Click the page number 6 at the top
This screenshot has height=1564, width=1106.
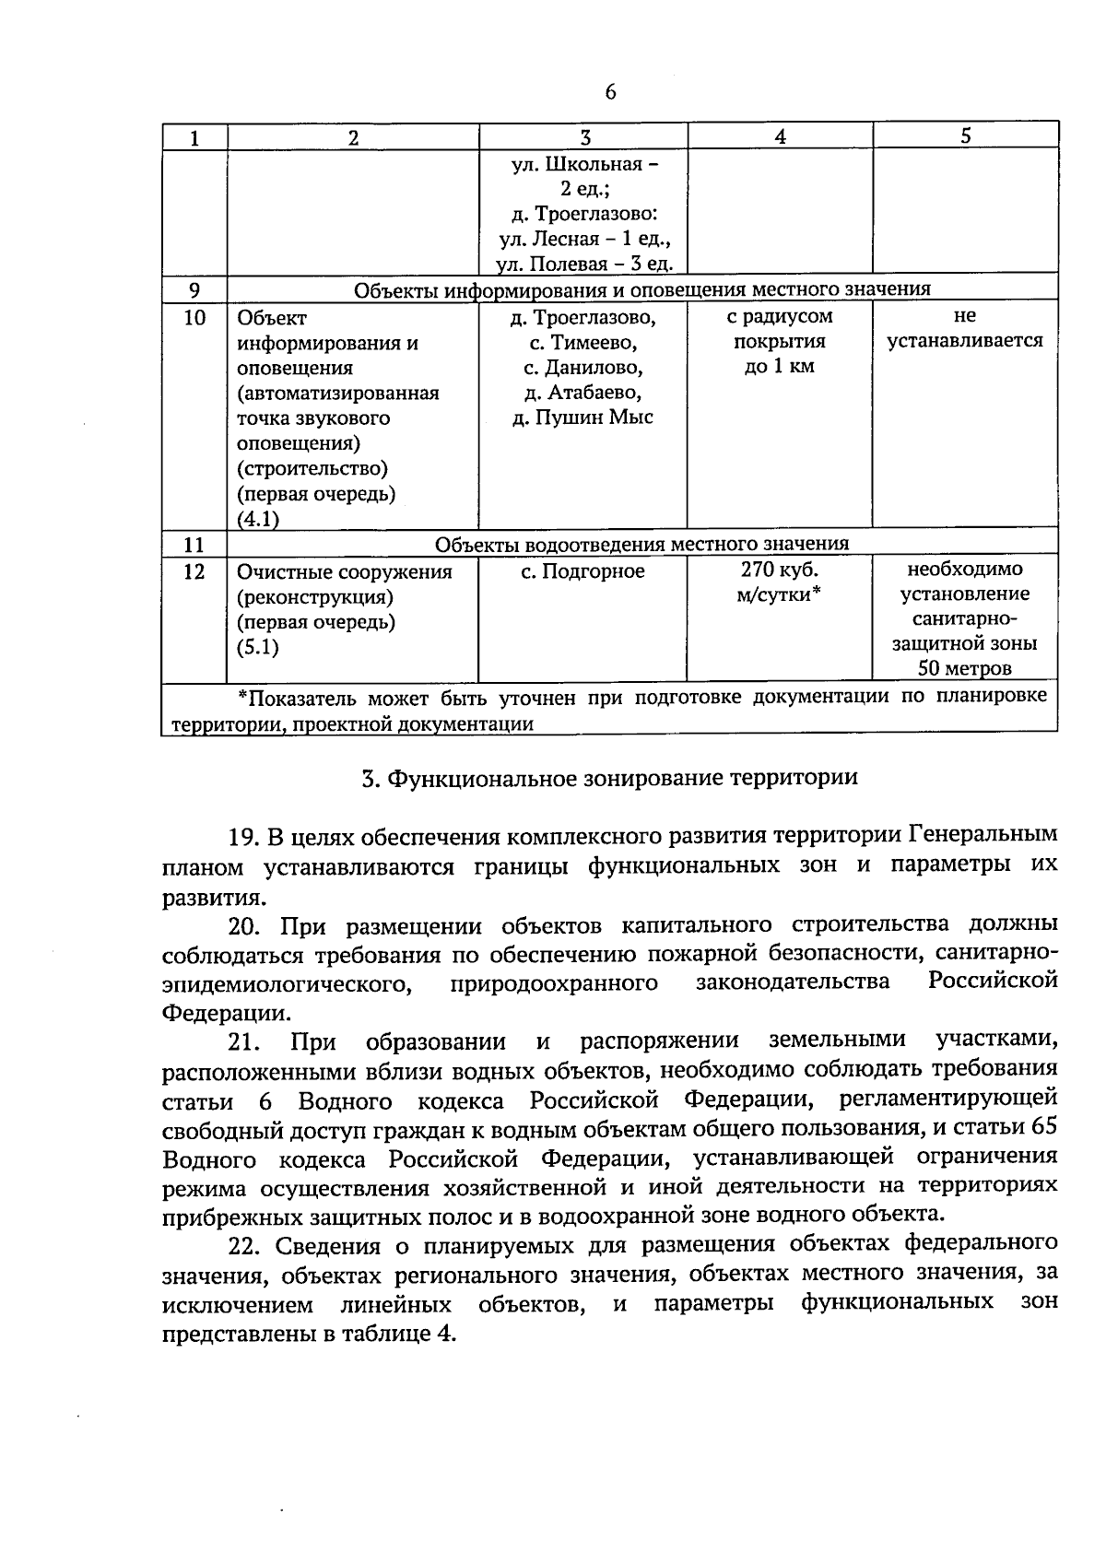(610, 92)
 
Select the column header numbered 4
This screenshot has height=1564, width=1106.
(780, 136)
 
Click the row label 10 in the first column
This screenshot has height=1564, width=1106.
(194, 319)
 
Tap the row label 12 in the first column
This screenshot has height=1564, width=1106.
(194, 571)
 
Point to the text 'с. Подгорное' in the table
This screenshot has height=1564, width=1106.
(582, 571)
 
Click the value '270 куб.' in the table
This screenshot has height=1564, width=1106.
(780, 570)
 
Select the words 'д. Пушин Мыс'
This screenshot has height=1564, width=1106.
(582, 417)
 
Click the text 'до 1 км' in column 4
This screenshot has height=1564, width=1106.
(780, 367)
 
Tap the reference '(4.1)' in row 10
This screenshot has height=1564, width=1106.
(258, 519)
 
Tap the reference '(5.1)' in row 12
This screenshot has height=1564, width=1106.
(257, 647)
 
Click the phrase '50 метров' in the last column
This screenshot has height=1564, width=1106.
(964, 668)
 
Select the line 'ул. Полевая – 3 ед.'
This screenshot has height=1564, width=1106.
(583, 265)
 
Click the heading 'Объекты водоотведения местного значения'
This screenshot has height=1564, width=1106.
(641, 544)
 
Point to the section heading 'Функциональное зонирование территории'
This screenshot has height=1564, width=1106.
(622, 778)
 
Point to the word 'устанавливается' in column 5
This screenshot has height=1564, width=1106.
(964, 341)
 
